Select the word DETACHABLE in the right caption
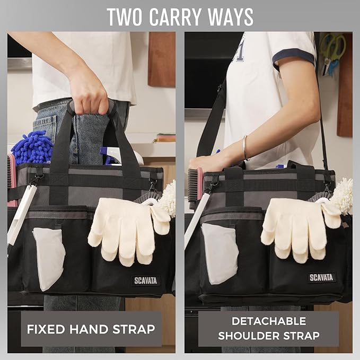pos(268,321)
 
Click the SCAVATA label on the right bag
pos(321,277)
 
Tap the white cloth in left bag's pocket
pos(49,257)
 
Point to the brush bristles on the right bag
pos(192,186)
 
